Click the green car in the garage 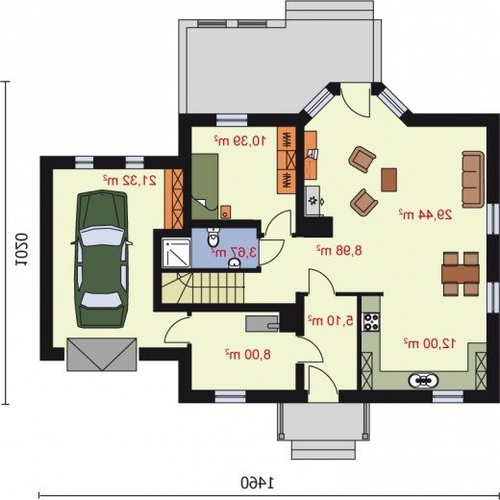[102, 259]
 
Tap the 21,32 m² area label [130, 181]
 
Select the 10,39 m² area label [240, 140]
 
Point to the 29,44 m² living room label [425, 214]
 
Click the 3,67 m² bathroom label [234, 252]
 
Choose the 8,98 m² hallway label [339, 250]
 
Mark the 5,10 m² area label [331, 320]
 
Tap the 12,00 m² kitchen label [430, 343]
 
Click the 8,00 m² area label [248, 354]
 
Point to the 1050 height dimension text [21, 250]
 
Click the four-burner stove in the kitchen [371, 322]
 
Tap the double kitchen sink [423, 381]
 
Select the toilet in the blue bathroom [213, 237]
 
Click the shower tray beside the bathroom [176, 253]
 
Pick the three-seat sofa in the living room [473, 180]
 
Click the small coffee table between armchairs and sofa [389, 180]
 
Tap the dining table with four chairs [461, 274]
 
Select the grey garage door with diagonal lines [102, 354]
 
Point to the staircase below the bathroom [203, 287]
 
